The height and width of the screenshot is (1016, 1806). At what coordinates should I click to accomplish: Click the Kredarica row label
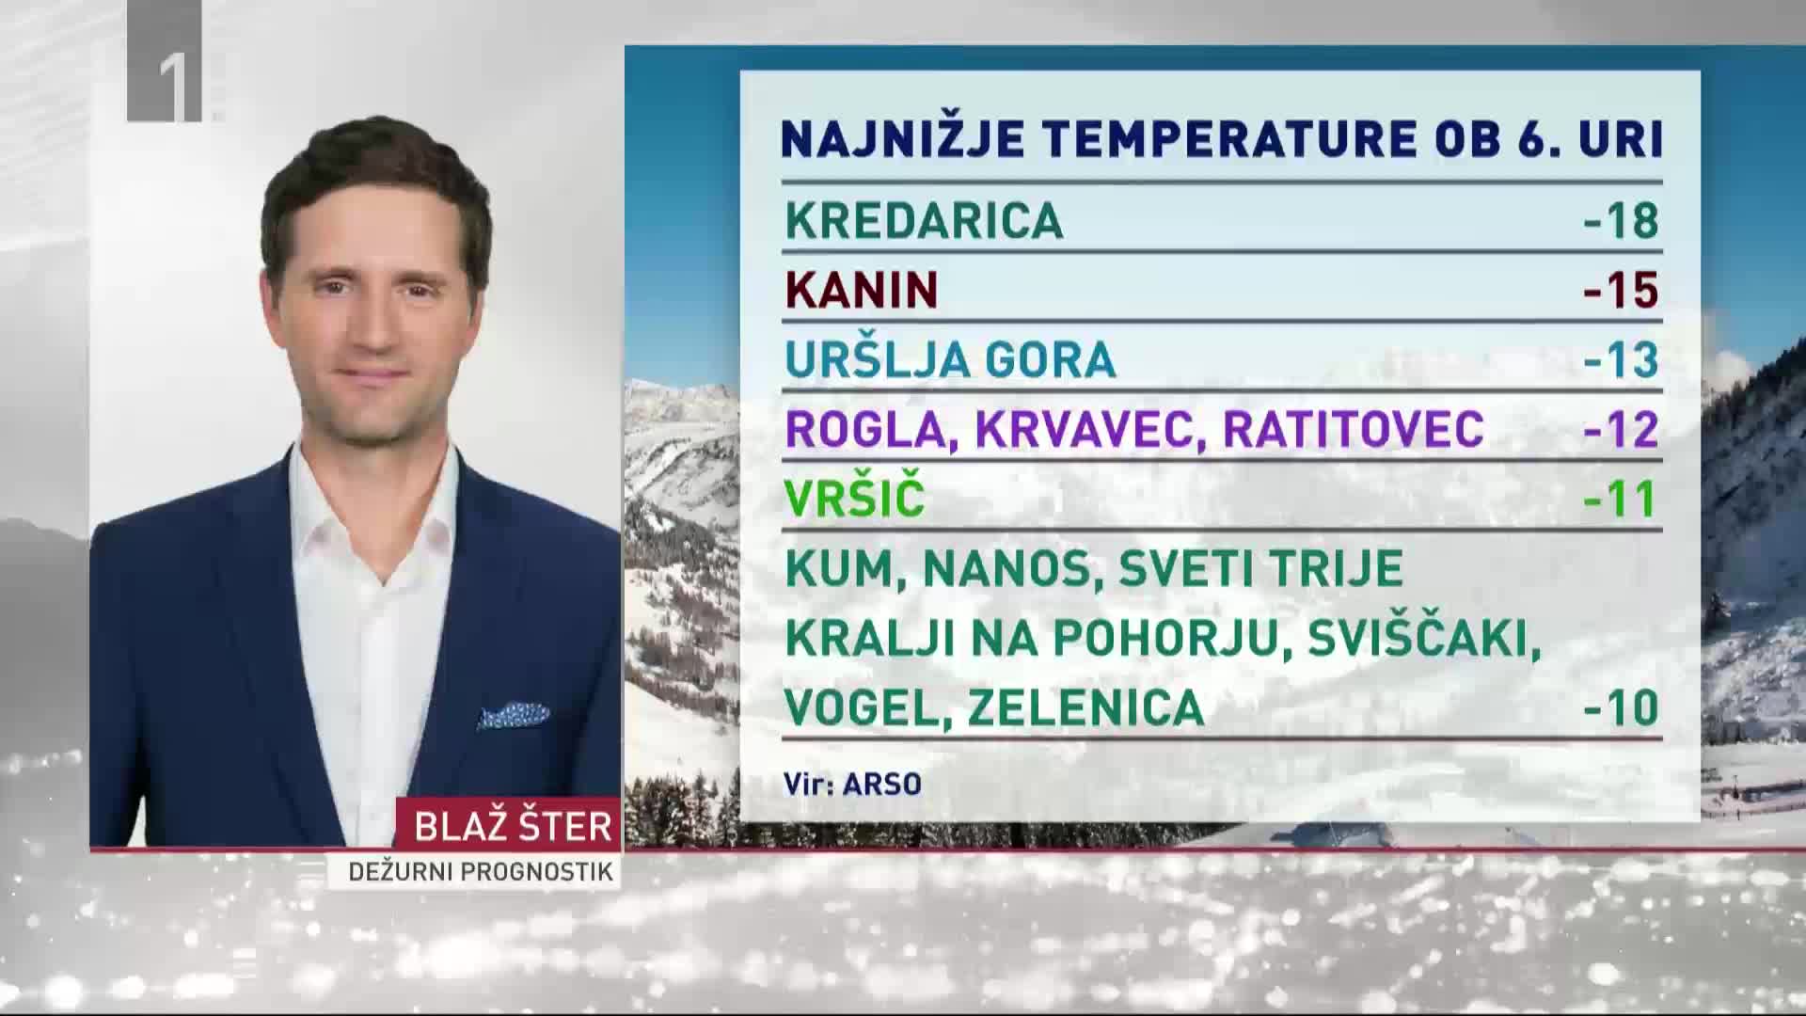[x=924, y=221]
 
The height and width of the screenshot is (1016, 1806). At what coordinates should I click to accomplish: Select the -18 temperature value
[x=1622, y=221]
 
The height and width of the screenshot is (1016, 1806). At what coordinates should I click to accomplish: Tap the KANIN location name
[x=862, y=290]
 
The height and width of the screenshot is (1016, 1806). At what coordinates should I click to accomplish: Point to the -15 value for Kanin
[x=1622, y=290]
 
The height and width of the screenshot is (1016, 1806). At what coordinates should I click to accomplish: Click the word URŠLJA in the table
[x=878, y=358]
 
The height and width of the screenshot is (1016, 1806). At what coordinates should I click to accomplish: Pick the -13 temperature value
[x=1622, y=359]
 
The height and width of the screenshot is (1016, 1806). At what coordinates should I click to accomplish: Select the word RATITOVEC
[x=1354, y=429]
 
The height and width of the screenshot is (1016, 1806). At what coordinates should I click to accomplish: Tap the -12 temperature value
[x=1622, y=429]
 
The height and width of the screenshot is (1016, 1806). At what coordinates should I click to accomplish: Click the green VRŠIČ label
[x=855, y=496]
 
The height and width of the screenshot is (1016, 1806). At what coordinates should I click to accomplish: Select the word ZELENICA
[x=1085, y=707]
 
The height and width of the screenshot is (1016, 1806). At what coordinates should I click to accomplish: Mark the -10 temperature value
[x=1622, y=707]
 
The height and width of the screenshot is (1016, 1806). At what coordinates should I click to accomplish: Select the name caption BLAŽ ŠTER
[x=514, y=826]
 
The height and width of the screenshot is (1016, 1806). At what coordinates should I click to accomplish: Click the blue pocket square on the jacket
[x=513, y=714]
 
